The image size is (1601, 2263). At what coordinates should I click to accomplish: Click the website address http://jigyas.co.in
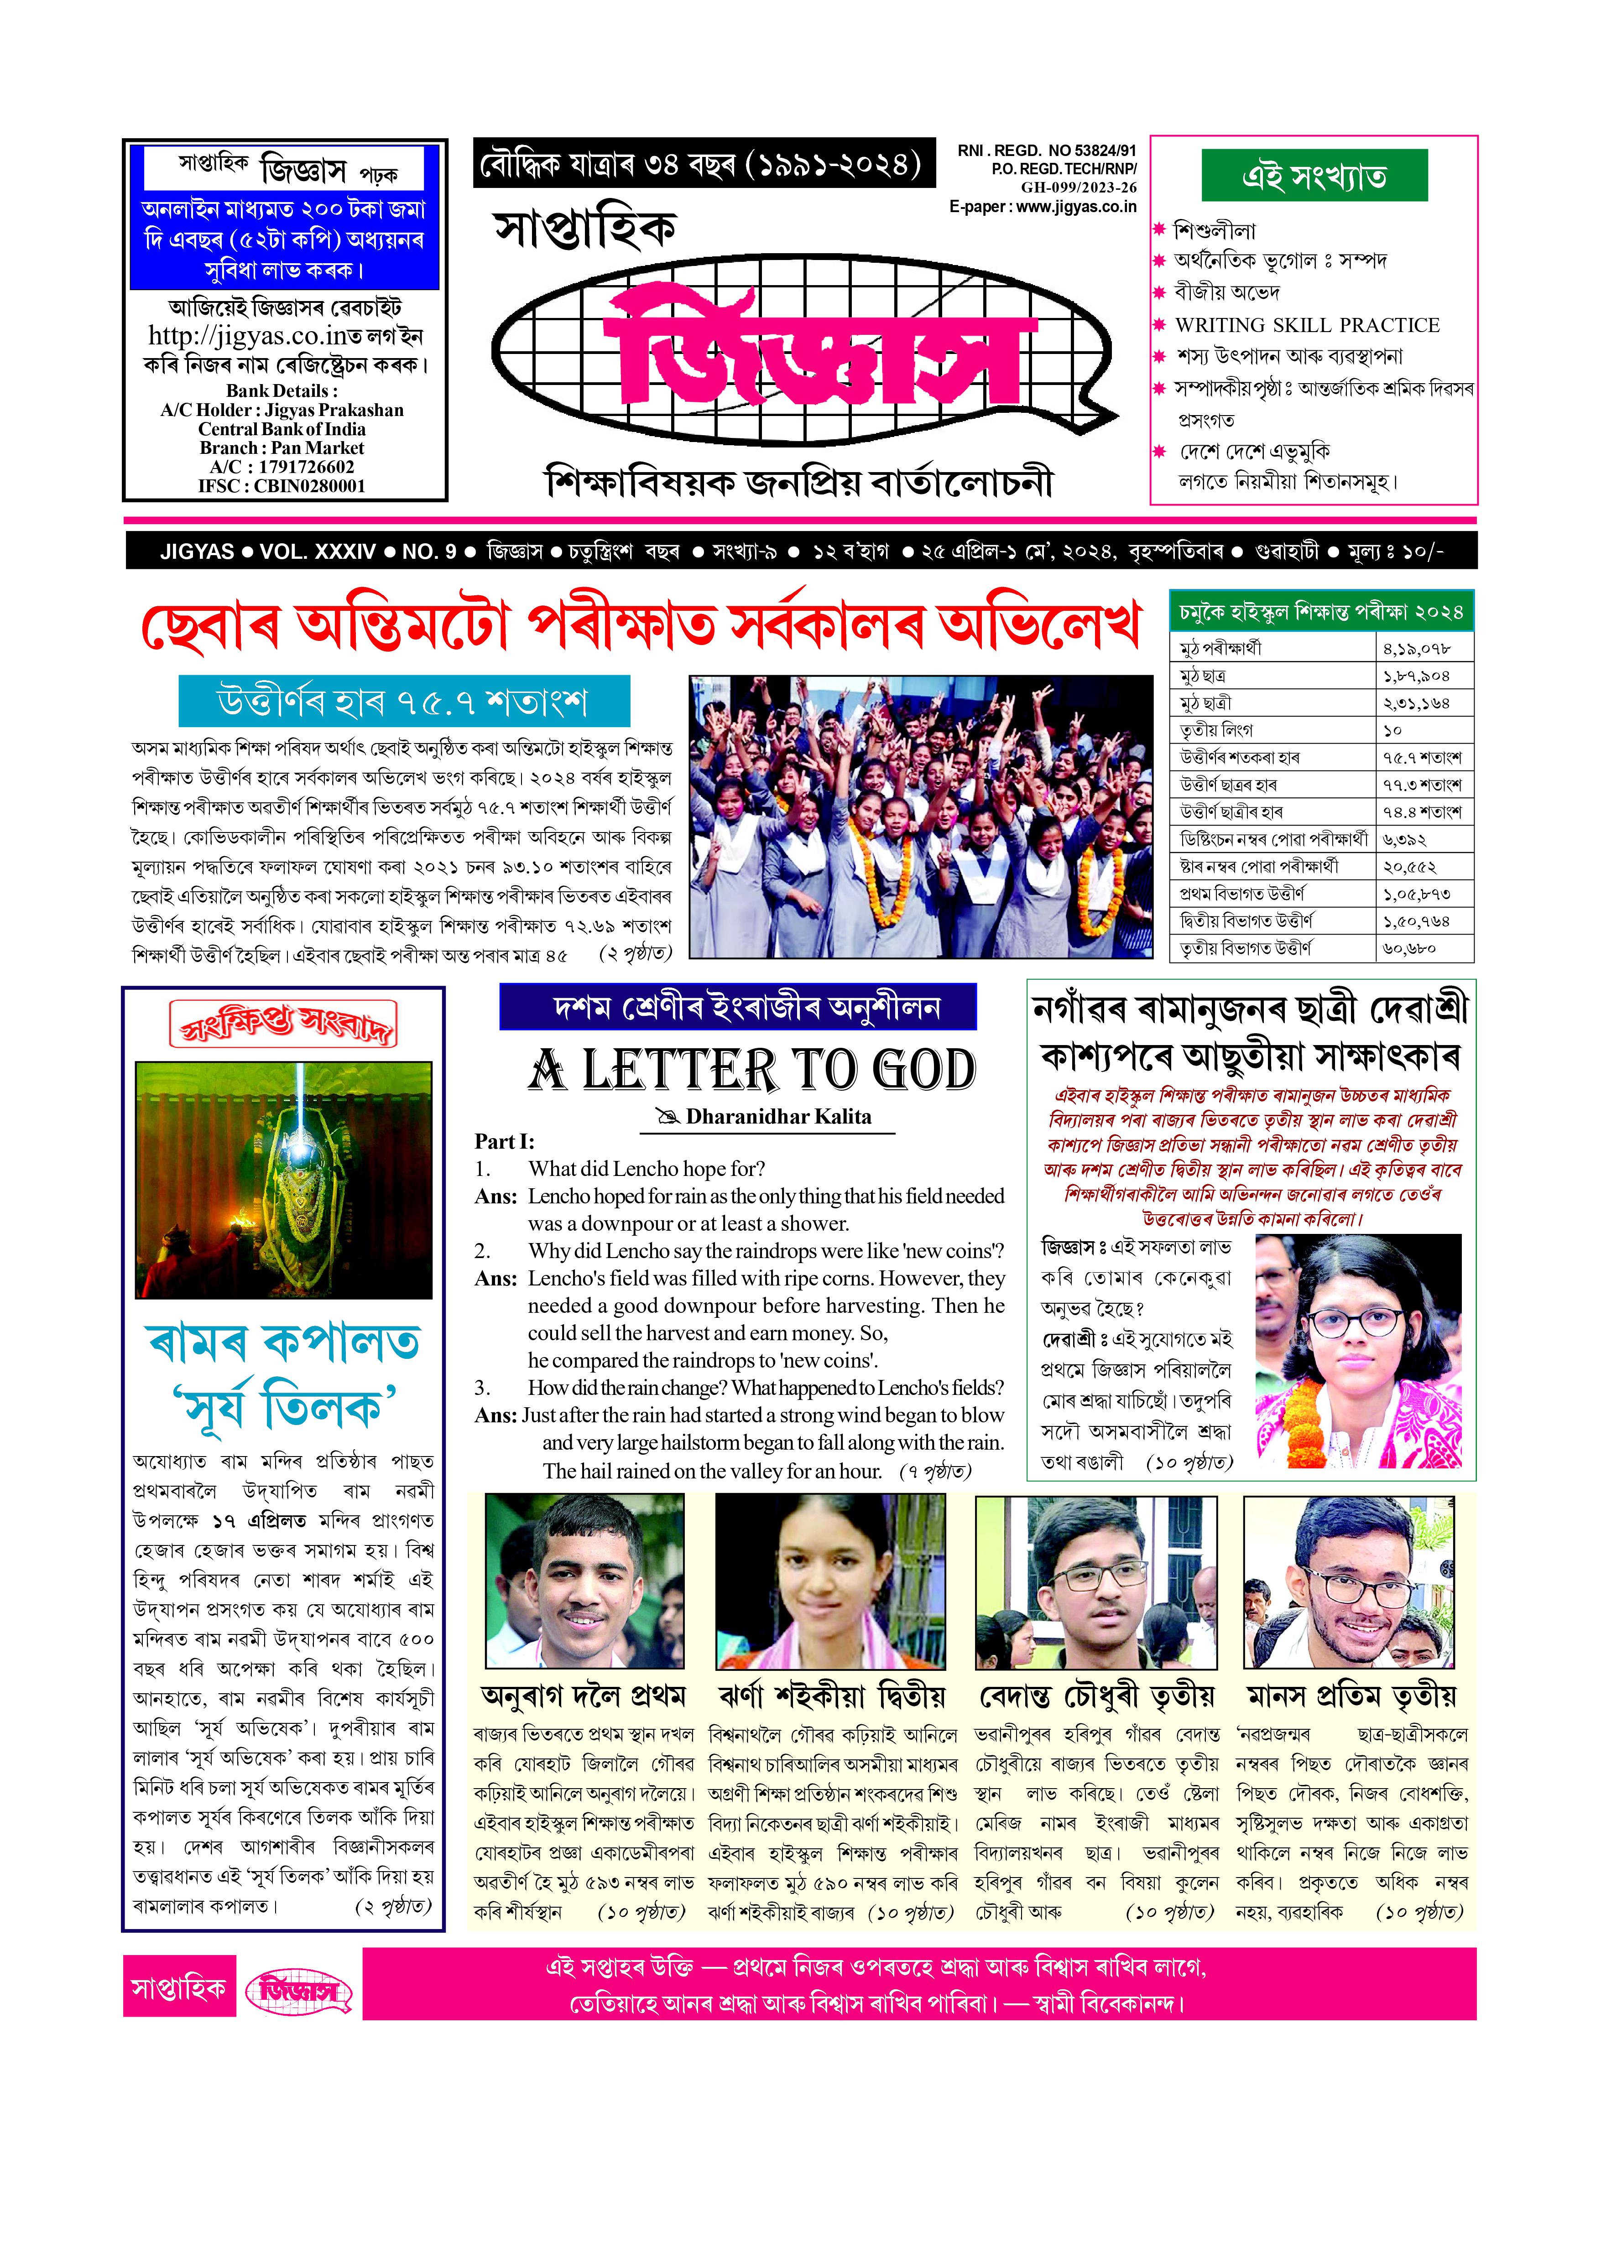point(253,336)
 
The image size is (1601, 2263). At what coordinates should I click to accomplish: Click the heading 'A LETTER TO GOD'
point(751,1071)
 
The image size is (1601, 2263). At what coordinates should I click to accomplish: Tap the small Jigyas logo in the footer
point(298,1992)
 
